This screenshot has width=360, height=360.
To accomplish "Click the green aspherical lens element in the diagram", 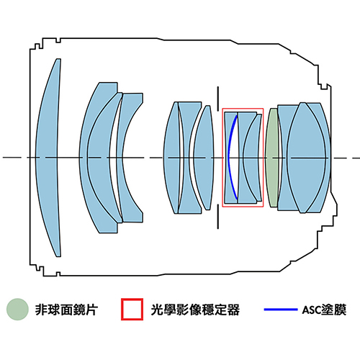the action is coord(272,158).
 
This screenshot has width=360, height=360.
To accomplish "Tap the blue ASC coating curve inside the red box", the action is coord(230,157).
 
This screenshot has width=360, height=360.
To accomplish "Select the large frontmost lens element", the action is coord(48,158).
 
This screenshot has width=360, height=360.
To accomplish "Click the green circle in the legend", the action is coord(17,310).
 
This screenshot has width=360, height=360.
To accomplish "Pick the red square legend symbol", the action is coord(132,310).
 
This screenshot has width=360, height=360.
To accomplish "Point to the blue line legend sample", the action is coord(281,310).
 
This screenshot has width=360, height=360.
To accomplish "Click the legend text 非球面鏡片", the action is coord(66,310).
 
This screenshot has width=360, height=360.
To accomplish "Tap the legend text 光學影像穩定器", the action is coord(195,310).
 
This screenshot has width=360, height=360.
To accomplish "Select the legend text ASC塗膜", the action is coord(324,310).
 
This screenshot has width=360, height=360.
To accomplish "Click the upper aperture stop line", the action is coord(218,99).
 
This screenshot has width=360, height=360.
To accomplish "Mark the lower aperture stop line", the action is coord(218,217).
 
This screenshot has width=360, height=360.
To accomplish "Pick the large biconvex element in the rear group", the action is coord(306,158).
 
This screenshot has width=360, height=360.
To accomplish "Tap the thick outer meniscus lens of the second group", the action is coord(95,158).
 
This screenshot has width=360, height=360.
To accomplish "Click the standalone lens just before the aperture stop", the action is coord(204,158).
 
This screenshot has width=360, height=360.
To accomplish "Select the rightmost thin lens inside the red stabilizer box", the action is coord(253,158).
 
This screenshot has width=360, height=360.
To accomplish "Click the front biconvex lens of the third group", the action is coord(171,158).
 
